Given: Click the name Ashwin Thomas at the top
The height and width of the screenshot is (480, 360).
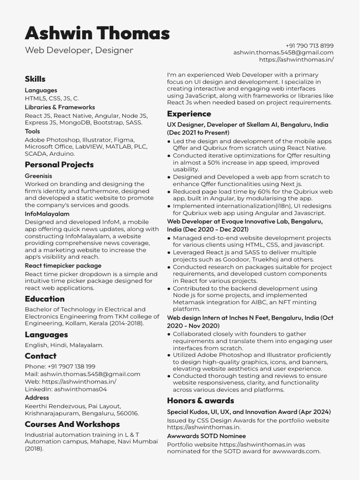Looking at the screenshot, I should pos(97,33).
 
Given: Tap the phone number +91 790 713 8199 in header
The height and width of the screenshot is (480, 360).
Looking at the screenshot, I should pos(309,45).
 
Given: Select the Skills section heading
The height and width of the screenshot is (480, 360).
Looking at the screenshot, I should pos(35,79).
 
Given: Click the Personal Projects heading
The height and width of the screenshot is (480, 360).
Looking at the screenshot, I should pos(59,165).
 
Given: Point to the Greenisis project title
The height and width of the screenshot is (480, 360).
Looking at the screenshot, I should pos(38,176).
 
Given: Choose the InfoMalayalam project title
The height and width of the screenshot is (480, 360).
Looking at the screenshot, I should pos(47,214).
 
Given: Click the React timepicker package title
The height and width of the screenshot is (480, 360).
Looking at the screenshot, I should pos(63,266).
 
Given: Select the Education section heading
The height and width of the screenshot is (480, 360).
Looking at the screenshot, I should pos(45,299).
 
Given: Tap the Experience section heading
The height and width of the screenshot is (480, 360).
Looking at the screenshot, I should pos(189,114).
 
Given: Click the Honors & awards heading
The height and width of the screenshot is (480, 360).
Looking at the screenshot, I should pos(200,401).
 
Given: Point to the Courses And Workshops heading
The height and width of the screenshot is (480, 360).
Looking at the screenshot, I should pos(72,424).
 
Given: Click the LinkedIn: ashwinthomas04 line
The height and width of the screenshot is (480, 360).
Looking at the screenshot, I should pos(66,389).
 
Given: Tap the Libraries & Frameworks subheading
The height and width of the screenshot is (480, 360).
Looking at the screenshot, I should pos(60,107).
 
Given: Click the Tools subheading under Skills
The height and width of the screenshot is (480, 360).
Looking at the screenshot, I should pos(32,131).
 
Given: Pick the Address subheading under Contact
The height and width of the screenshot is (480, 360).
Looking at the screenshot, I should pos(37,397).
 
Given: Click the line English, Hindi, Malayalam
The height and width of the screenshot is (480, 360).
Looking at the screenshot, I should pos(64,345).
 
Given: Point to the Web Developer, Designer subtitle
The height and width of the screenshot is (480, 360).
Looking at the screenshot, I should pos(79,50).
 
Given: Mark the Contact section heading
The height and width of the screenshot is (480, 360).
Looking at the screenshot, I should pos(40,356).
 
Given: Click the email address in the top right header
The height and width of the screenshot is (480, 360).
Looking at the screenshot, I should pos(283,52).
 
